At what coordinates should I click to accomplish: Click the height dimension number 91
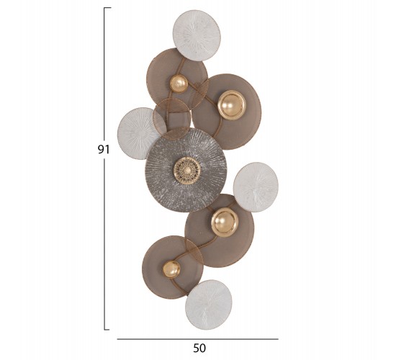pyautogui.click(x=104, y=150)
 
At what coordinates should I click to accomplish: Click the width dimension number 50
pyautogui.click(x=199, y=348)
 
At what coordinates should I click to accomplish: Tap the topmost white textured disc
pyautogui.click(x=197, y=35)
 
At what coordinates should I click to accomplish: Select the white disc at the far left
pyautogui.click(x=138, y=133)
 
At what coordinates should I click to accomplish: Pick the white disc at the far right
pyautogui.click(x=256, y=187)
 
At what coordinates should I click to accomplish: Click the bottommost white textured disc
pyautogui.click(x=209, y=305)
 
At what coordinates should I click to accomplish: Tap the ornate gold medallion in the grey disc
pyautogui.click(x=187, y=169)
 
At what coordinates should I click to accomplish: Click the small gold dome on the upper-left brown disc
pyautogui.click(x=179, y=84)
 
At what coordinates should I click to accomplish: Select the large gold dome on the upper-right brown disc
pyautogui.click(x=232, y=105)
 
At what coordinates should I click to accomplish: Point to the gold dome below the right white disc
pyautogui.click(x=225, y=222)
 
